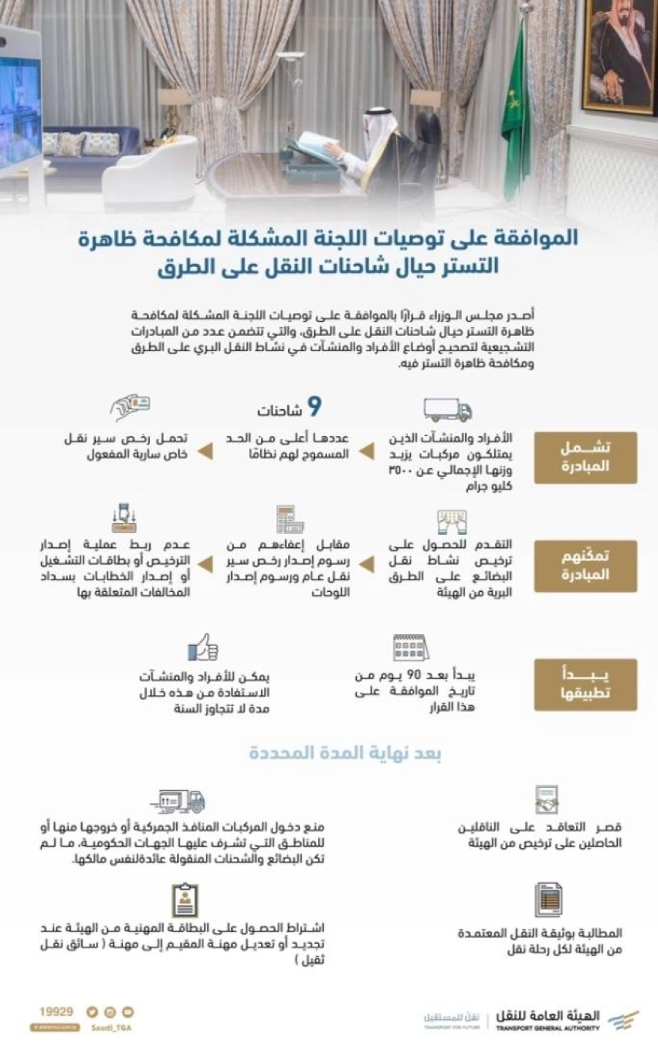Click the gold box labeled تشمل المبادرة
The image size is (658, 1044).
585,457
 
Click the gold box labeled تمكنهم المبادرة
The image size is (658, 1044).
585,566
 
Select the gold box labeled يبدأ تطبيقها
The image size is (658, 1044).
585,684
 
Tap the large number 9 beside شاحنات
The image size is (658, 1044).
314,407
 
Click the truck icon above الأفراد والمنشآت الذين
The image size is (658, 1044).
447,410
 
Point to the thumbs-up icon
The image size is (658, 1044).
203,647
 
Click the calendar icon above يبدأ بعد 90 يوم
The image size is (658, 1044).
410,647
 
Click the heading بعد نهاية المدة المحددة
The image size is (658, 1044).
345,753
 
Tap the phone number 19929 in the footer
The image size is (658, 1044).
56,1012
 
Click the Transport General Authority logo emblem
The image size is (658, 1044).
622,1019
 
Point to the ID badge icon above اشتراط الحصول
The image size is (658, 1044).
185,899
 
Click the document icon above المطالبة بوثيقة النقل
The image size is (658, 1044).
548,899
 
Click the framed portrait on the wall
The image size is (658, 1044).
619,55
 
